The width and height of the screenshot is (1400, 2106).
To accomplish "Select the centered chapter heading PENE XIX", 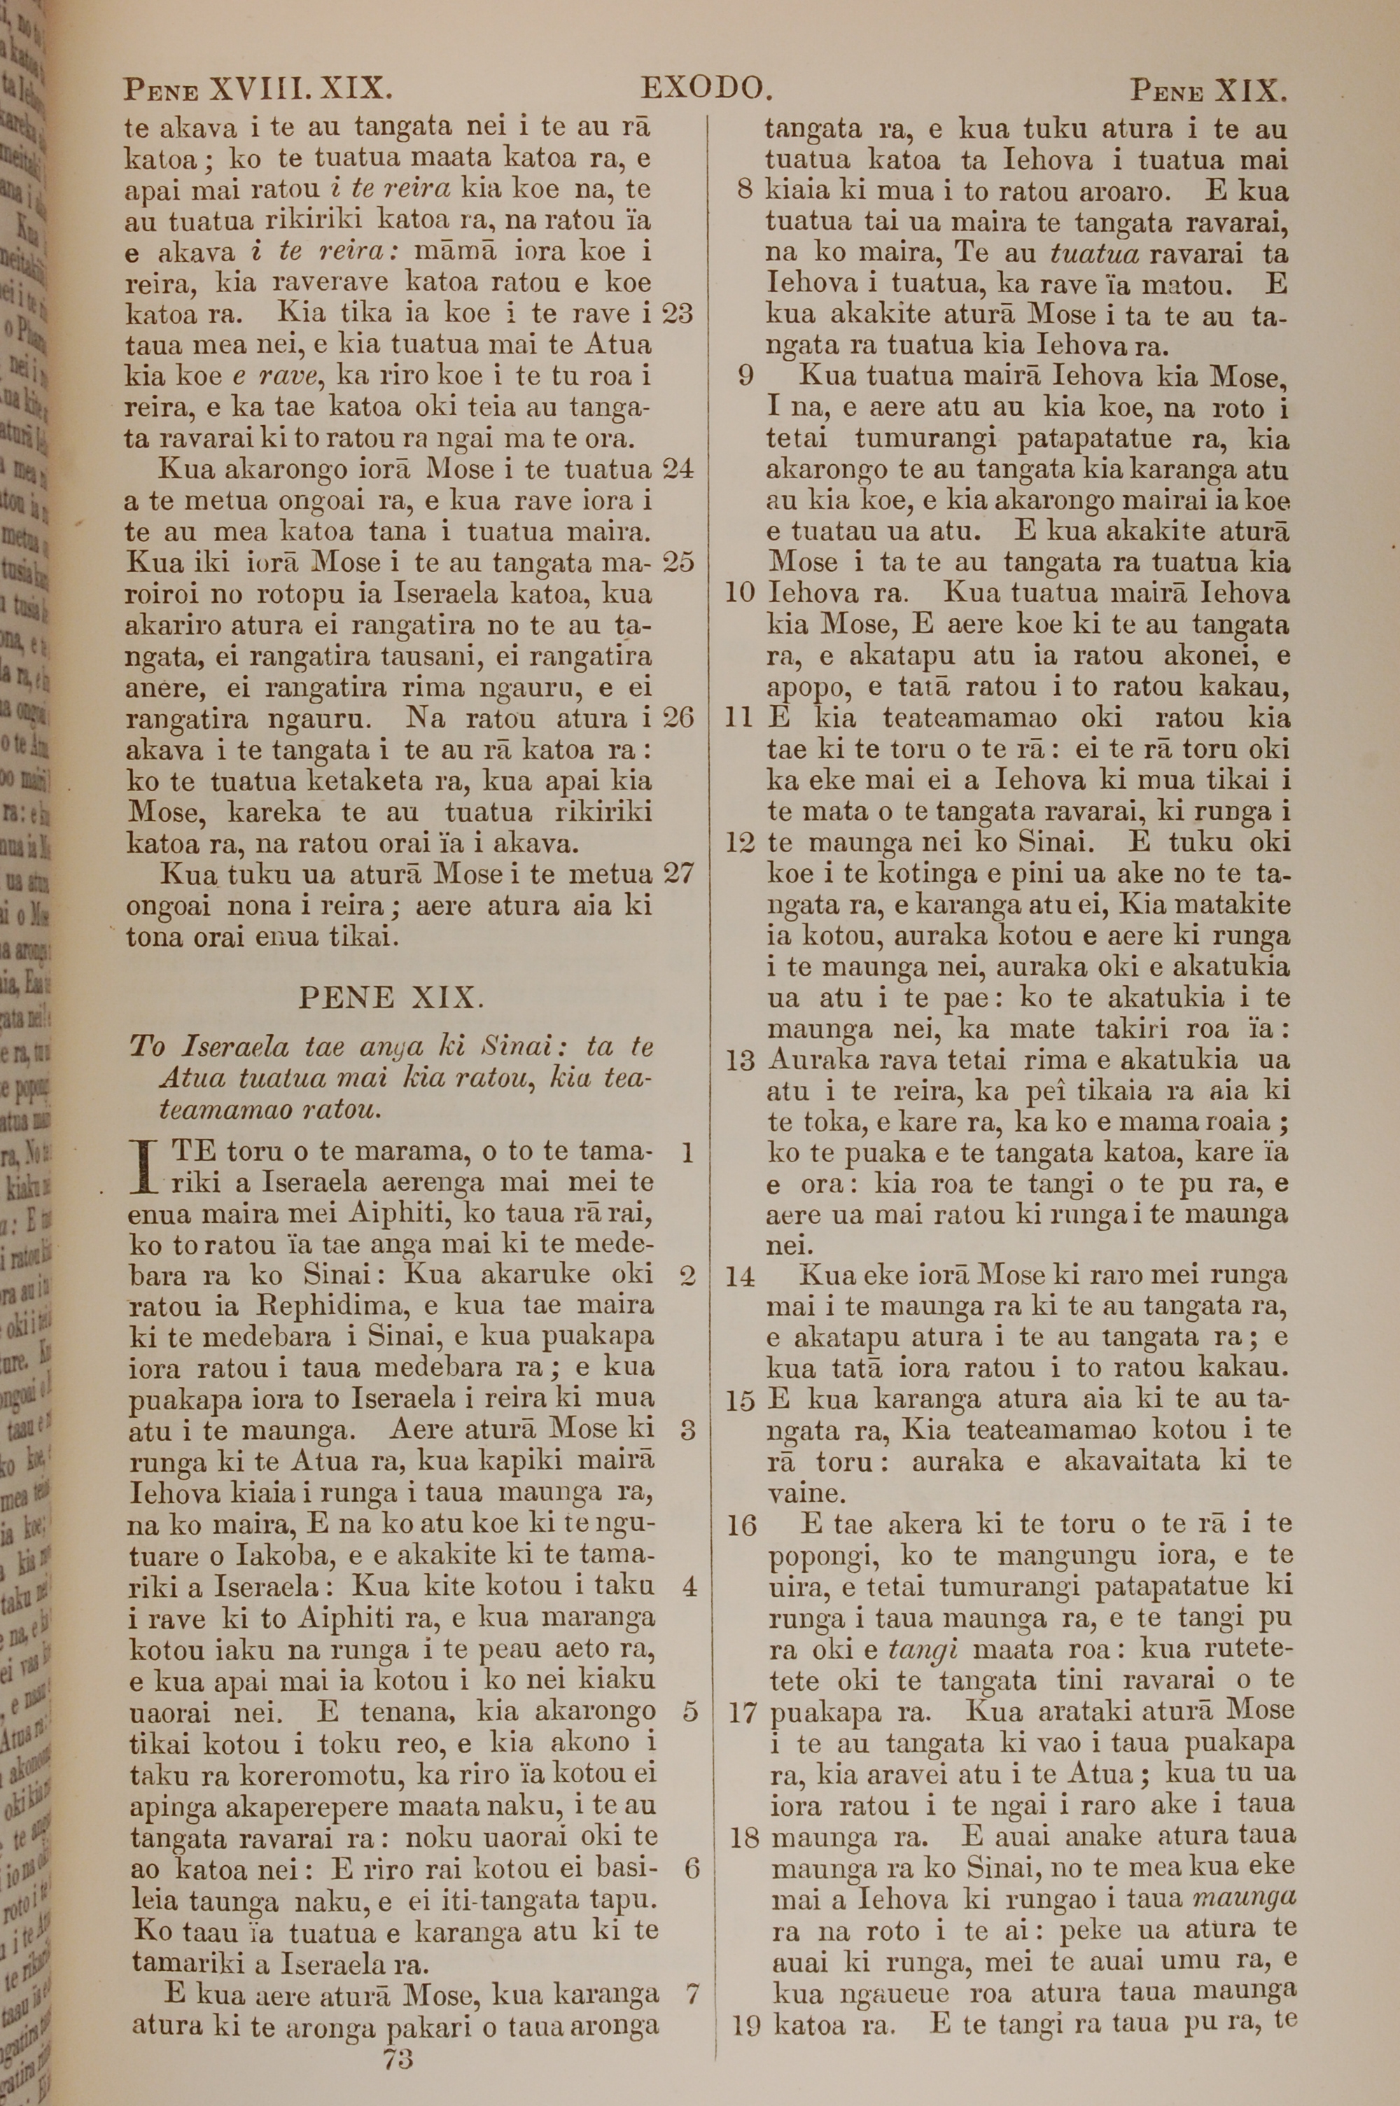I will tap(391, 997).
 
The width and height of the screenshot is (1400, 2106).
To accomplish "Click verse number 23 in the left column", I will tap(678, 314).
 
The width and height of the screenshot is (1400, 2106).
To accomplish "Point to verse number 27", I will tap(678, 873).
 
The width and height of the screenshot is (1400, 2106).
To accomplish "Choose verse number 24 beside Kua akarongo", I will tap(678, 468).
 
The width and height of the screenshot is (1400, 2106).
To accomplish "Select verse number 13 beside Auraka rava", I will tap(741, 1061).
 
